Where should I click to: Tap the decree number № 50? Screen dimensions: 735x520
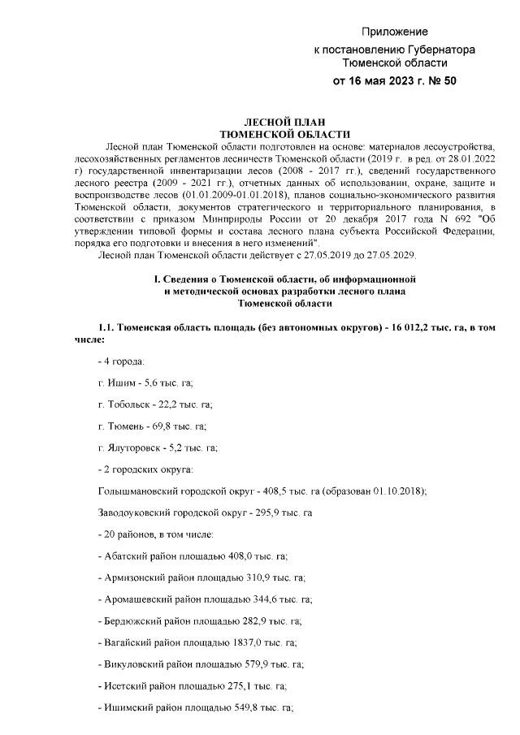[439, 81]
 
